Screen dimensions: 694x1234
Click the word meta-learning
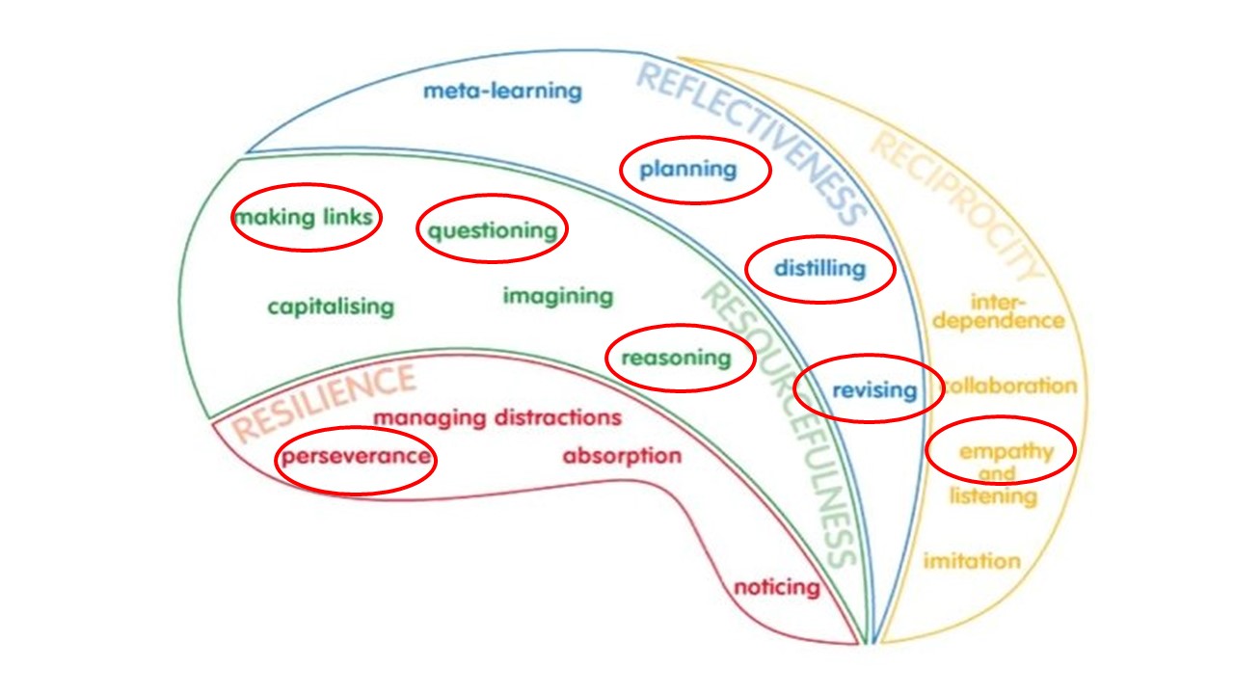click(x=502, y=92)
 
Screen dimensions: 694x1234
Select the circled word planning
click(x=688, y=171)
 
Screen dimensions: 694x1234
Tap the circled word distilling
click(x=819, y=268)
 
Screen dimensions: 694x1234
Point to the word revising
click(x=873, y=390)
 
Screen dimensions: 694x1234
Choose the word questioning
click(x=492, y=230)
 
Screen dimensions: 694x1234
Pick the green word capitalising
click(x=331, y=307)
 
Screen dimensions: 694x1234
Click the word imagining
click(x=557, y=296)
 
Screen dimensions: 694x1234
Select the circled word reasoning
click(x=676, y=358)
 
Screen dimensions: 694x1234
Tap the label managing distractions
click(x=496, y=418)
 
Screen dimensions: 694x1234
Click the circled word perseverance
click(x=355, y=456)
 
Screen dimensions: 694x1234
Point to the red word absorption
click(x=622, y=455)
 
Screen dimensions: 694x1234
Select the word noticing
click(x=777, y=586)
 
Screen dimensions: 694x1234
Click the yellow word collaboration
click(x=1009, y=387)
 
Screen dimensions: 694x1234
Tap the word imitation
click(x=972, y=560)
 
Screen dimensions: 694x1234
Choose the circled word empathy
click(x=1006, y=451)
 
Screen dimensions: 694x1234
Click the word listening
click(x=993, y=496)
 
